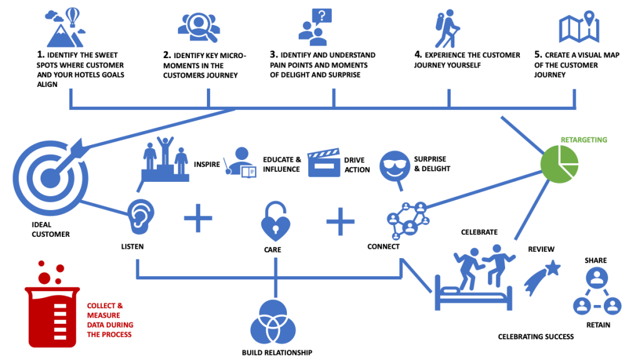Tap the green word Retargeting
pos(584,140)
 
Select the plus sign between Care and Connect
pos(341,221)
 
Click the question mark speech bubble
pos(322,16)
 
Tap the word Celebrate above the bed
pos(479,232)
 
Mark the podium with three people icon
pos(163,157)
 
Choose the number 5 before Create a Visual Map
pos(538,55)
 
